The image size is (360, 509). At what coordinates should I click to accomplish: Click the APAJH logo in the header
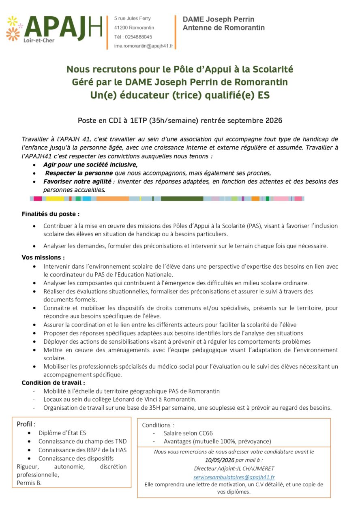pos(55,30)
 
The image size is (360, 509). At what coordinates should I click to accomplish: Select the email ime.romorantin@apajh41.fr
pos(144,46)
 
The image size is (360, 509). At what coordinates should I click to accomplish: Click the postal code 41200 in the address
pos(120,28)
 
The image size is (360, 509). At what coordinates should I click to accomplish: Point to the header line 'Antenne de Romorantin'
pos(223,28)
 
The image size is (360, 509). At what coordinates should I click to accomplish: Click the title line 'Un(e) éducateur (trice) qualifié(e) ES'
pos(180,96)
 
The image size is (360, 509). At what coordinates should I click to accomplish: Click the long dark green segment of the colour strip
pos(182,199)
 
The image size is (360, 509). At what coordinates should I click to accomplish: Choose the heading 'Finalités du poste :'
pos(51,214)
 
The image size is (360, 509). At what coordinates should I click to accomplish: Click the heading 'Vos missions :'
pos(43,257)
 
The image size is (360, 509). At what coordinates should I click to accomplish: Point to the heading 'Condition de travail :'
pos(53,383)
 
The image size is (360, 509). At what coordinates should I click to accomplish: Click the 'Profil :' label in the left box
pos(26,424)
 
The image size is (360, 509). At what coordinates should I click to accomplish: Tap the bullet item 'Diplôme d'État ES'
pos(62,433)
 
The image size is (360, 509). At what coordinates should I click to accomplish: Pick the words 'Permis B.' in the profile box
pos(29,483)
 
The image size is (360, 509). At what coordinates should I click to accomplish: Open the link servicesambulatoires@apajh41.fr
pos(234,477)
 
